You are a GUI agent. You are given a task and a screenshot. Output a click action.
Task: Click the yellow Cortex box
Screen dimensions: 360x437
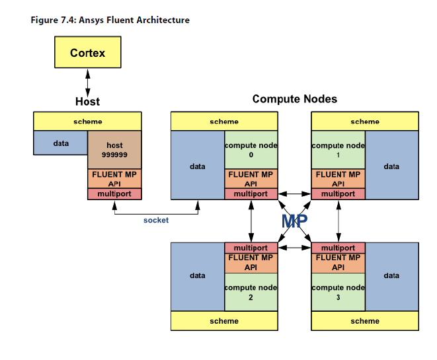click(x=87, y=52)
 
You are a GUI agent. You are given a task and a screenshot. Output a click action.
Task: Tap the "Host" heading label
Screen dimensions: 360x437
click(x=87, y=101)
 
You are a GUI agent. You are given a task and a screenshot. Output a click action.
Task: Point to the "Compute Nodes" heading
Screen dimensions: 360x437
click(x=294, y=99)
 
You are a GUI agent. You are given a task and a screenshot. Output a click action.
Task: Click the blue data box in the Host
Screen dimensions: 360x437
click(x=61, y=143)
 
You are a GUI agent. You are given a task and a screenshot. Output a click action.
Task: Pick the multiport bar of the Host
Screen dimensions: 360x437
click(x=114, y=194)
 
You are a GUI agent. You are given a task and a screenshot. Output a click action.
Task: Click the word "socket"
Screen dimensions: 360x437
click(x=156, y=220)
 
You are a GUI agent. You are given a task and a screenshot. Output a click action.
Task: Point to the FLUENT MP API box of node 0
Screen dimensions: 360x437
click(x=251, y=179)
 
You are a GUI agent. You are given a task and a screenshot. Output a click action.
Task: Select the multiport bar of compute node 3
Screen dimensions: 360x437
click(x=338, y=248)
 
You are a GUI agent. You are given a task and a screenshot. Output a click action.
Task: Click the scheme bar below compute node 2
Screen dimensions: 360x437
click(x=224, y=320)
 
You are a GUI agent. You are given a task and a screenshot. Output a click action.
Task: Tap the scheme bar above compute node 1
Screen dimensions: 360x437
click(x=365, y=122)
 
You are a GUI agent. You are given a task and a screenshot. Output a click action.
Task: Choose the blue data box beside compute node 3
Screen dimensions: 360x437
click(x=391, y=275)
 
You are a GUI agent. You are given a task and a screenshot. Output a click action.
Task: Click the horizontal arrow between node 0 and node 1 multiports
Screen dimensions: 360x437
click(x=294, y=194)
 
